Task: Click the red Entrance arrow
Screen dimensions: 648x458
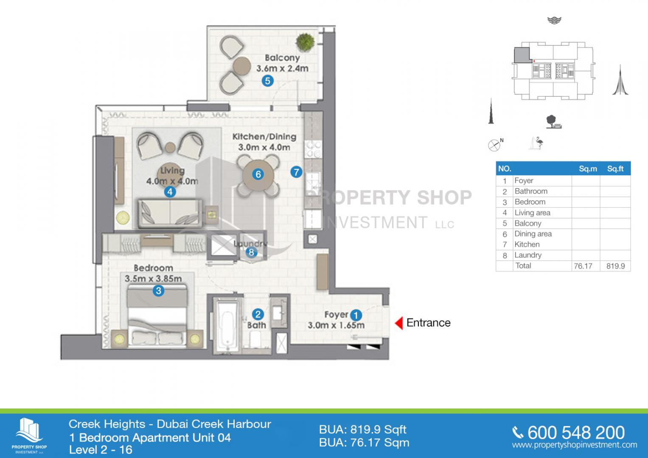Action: click(399, 323)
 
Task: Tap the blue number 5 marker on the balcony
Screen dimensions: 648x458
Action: click(268, 81)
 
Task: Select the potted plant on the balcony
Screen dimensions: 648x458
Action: click(305, 42)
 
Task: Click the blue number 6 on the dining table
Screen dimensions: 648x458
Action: click(258, 174)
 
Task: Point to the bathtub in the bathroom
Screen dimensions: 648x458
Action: click(227, 326)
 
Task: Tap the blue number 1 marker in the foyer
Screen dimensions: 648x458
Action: click(356, 315)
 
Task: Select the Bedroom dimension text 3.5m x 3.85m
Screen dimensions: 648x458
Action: click(153, 279)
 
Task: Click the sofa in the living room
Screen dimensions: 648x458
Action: click(170, 212)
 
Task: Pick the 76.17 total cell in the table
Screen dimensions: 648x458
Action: click(583, 266)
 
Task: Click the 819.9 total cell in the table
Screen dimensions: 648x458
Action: click(616, 266)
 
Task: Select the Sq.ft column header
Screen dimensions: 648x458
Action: click(615, 169)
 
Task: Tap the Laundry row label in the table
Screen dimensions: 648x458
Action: click(528, 255)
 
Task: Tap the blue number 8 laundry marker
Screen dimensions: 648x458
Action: click(251, 252)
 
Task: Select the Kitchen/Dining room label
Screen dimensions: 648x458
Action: click(264, 137)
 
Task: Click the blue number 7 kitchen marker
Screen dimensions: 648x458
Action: click(296, 172)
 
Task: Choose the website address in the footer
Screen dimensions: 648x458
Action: click(575, 445)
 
